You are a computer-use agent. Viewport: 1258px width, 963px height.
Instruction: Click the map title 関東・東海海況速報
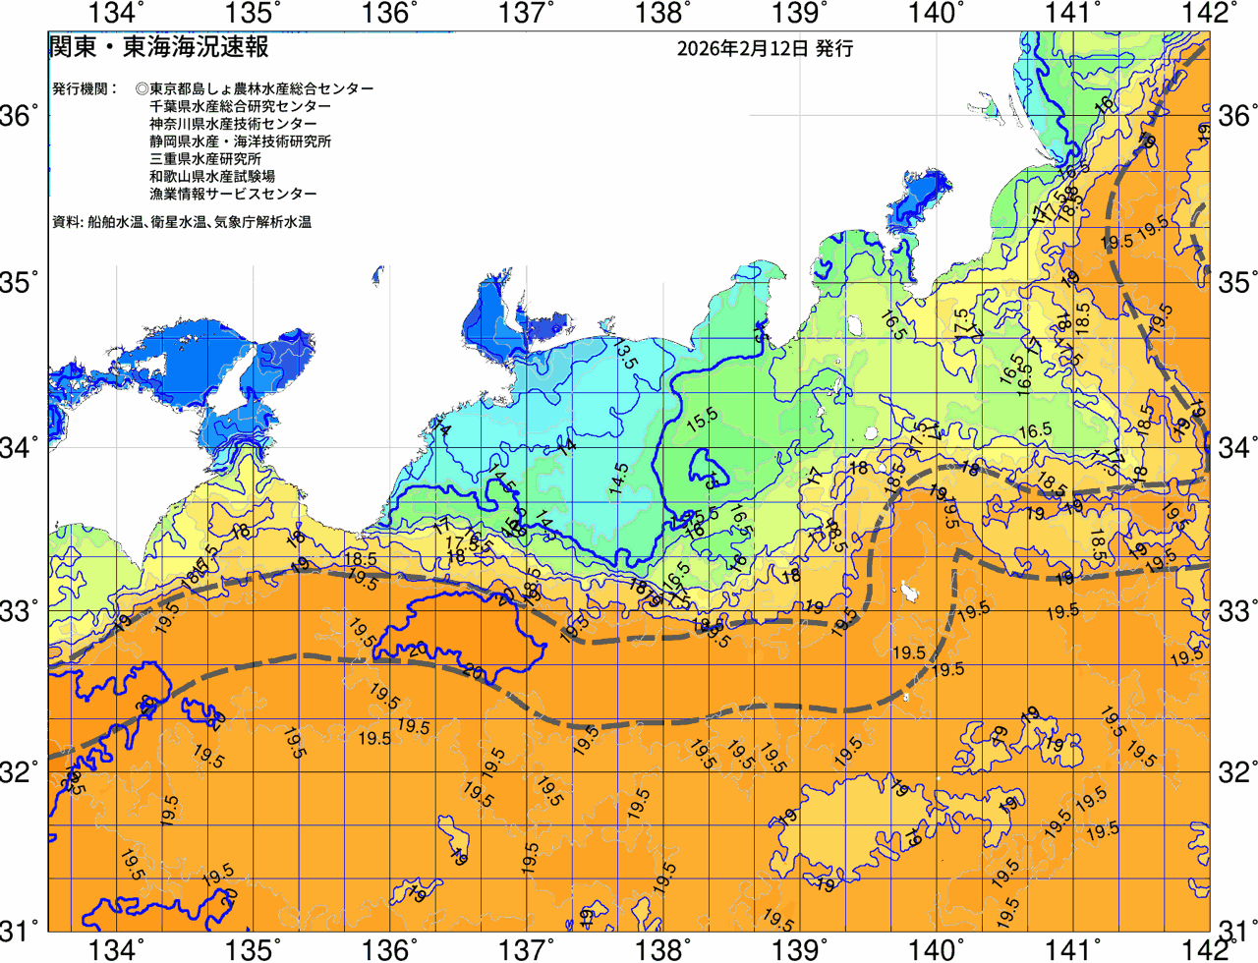pyautogui.click(x=158, y=46)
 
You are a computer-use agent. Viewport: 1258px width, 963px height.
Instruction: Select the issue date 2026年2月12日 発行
pyautogui.click(x=765, y=48)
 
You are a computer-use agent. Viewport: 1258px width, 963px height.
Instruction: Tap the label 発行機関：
pyautogui.click(x=85, y=88)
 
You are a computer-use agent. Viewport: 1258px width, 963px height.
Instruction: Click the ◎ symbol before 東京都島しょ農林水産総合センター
pyautogui.click(x=142, y=88)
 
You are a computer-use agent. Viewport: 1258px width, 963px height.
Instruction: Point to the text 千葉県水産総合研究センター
pyautogui.click(x=240, y=106)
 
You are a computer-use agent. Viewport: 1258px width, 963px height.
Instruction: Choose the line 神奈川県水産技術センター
pyautogui.click(x=233, y=124)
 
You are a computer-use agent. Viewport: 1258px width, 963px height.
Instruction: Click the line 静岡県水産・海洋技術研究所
pyautogui.click(x=240, y=142)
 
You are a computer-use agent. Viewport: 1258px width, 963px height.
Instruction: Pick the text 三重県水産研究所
pyautogui.click(x=204, y=159)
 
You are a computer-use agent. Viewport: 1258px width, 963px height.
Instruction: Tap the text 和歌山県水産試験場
pyautogui.click(x=211, y=177)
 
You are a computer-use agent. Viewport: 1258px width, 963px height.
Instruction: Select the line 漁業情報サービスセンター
pyautogui.click(x=233, y=195)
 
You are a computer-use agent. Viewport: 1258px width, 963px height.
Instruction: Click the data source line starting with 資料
pyautogui.click(x=182, y=222)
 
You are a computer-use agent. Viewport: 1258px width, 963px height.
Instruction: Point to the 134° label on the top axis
pyautogui.click(x=117, y=13)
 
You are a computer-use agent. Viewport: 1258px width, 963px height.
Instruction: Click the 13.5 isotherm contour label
pyautogui.click(x=624, y=353)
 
